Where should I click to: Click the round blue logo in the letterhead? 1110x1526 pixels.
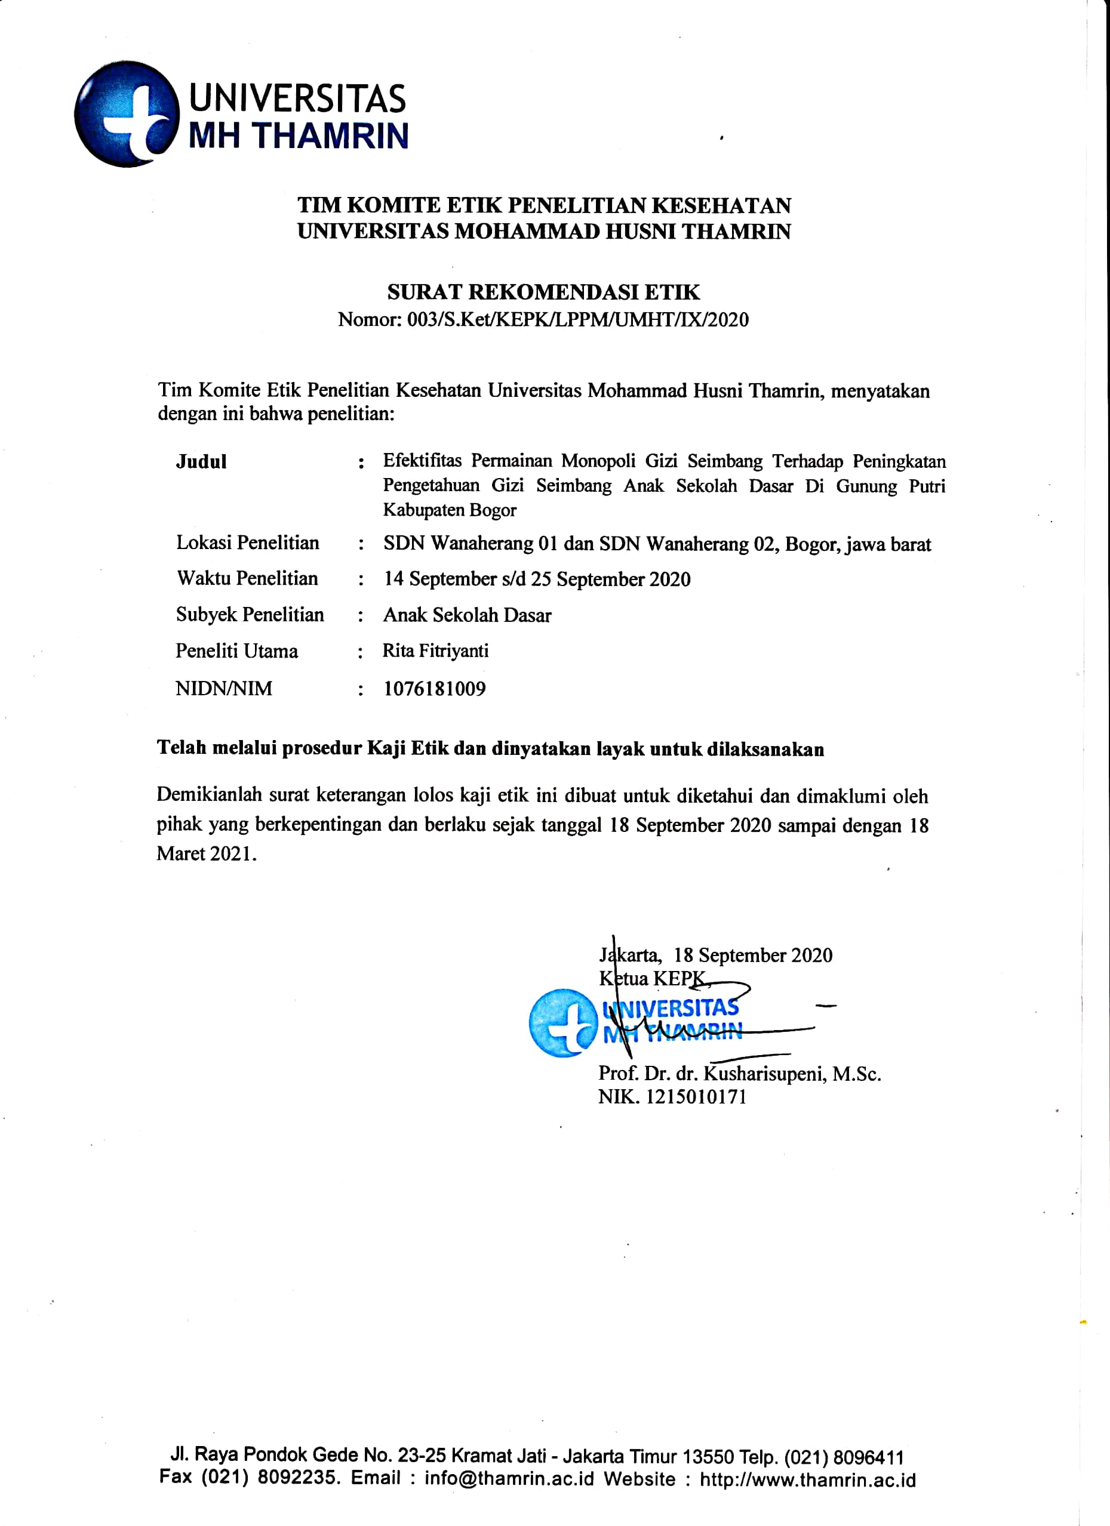pos(126,114)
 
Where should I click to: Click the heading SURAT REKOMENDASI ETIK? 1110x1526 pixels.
pos(543,292)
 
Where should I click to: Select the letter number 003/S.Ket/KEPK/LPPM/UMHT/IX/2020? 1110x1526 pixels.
pos(577,320)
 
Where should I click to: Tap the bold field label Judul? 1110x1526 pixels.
pos(201,461)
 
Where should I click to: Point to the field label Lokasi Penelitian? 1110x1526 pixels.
pos(248,543)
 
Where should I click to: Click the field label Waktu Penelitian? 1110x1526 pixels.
pos(247,579)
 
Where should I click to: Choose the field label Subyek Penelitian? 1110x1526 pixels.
pos(250,614)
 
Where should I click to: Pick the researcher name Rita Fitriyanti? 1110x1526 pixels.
pos(435,651)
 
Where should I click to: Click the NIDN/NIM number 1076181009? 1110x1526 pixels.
pos(434,688)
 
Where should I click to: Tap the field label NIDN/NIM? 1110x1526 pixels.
pos(223,688)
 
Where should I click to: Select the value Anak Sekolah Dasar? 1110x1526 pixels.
pos(467,615)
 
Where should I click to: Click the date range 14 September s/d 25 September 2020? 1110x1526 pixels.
pos(536,579)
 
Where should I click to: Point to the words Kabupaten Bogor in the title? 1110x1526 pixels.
pos(449,510)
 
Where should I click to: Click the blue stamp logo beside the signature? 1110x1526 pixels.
pos(562,1023)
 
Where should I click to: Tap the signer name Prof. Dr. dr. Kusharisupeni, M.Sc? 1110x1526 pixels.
pos(739,1073)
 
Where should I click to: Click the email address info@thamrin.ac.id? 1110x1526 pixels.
pos(509,1479)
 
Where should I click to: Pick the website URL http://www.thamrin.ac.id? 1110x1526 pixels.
pos(808,1479)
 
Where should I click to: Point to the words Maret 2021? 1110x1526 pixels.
pos(205,854)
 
